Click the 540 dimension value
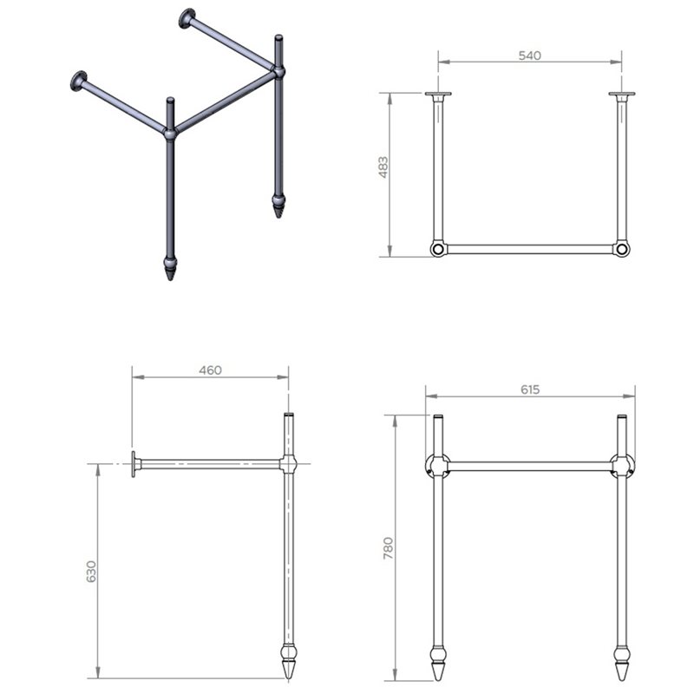(529, 56)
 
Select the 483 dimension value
(383, 167)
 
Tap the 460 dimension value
(210, 370)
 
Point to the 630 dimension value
(91, 572)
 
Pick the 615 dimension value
(530, 390)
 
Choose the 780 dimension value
(388, 548)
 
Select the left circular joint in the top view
(438, 249)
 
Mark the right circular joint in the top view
(621, 249)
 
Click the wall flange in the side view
(134, 464)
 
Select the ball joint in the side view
(288, 464)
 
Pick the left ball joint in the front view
(438, 466)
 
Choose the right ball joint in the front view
(622, 466)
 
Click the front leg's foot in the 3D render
(170, 267)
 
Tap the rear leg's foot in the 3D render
(278, 205)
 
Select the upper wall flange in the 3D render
(187, 18)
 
